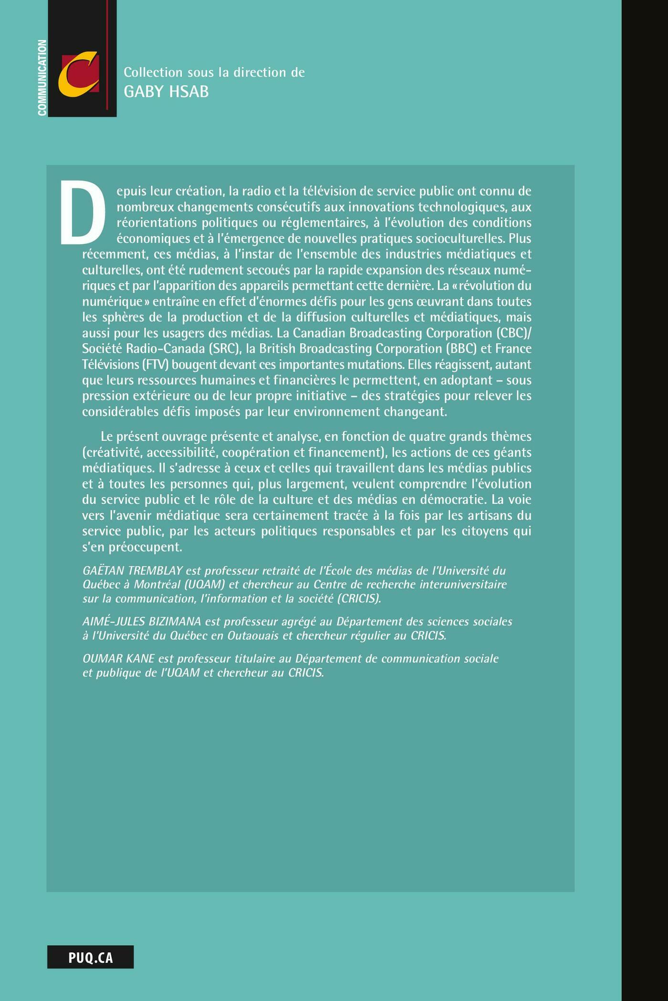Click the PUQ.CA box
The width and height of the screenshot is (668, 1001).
[90, 957]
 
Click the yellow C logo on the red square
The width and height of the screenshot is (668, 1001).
[79, 74]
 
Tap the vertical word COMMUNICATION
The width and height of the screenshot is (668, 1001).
[42, 78]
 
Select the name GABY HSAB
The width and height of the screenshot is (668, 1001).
[166, 92]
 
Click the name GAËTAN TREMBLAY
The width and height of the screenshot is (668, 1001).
[133, 571]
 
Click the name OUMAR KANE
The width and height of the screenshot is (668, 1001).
[118, 658]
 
